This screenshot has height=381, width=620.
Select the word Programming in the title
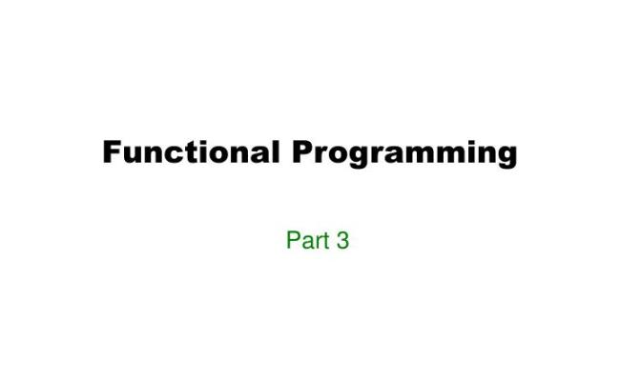coord(404,153)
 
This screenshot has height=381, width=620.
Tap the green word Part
coord(306,240)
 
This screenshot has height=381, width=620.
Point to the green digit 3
coord(342,240)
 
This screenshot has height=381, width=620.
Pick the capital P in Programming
coord(302,151)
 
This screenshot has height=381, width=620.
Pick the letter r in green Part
coord(317,241)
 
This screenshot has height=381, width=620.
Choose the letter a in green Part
coord(306,241)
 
